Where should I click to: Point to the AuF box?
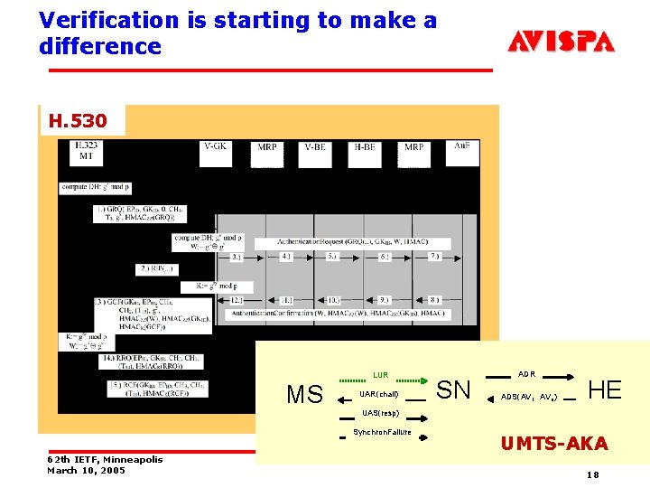[x=461, y=152]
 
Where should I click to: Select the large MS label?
[x=304, y=395]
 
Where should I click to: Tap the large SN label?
[x=453, y=389]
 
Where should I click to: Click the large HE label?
[x=604, y=389]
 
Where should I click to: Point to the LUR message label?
[x=380, y=375]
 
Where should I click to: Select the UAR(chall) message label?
[x=378, y=395]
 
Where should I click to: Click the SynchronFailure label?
[x=382, y=432]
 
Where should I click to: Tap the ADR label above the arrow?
[x=527, y=373]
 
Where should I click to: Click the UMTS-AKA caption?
[x=553, y=443]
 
